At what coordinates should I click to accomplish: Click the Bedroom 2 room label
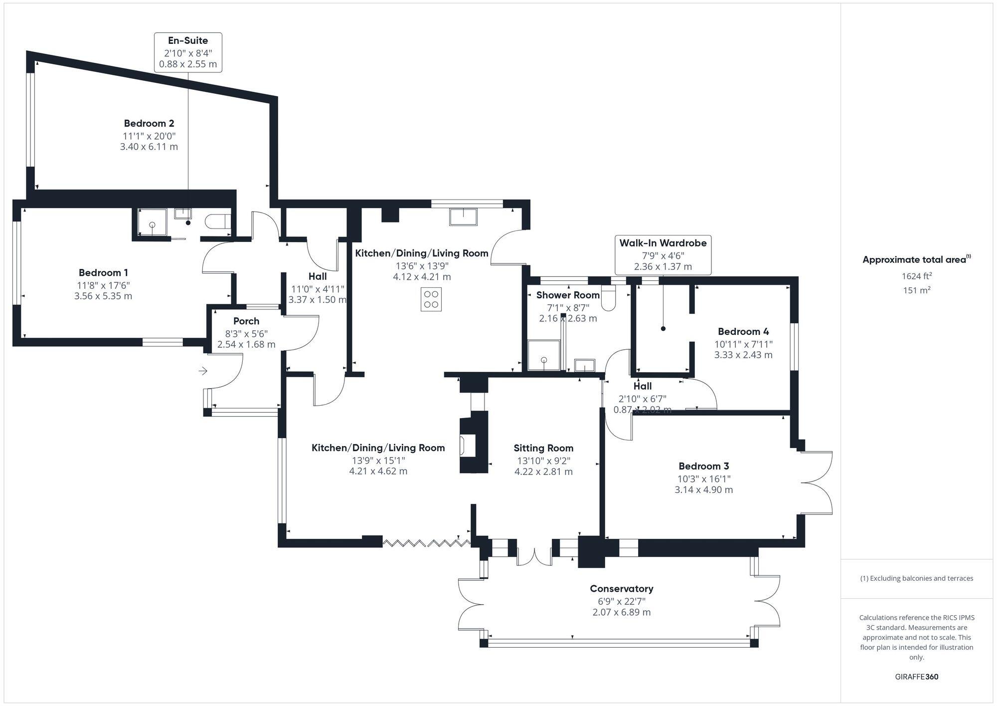coord(149,123)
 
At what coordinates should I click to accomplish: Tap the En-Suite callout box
coord(188,52)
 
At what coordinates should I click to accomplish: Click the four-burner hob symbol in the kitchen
coord(431,299)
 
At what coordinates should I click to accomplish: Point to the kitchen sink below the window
coord(463,217)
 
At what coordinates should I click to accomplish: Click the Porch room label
coord(246,321)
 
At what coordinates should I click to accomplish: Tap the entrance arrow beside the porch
coord(203,371)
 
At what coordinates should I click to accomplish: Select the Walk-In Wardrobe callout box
coord(663,254)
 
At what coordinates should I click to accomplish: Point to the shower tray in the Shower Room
coord(544,355)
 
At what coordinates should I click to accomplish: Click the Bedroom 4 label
coord(743,332)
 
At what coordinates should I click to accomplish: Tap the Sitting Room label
coord(543,448)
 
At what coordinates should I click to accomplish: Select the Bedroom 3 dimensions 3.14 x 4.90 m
coord(703,490)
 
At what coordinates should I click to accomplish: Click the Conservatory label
coord(621,589)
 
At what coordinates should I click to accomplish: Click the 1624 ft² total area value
coord(916,276)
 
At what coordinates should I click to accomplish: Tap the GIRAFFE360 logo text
coord(916,677)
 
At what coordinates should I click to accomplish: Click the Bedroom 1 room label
coord(103,273)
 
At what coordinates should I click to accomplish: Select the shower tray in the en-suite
coord(152,224)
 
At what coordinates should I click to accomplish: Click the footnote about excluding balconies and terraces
coord(916,579)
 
